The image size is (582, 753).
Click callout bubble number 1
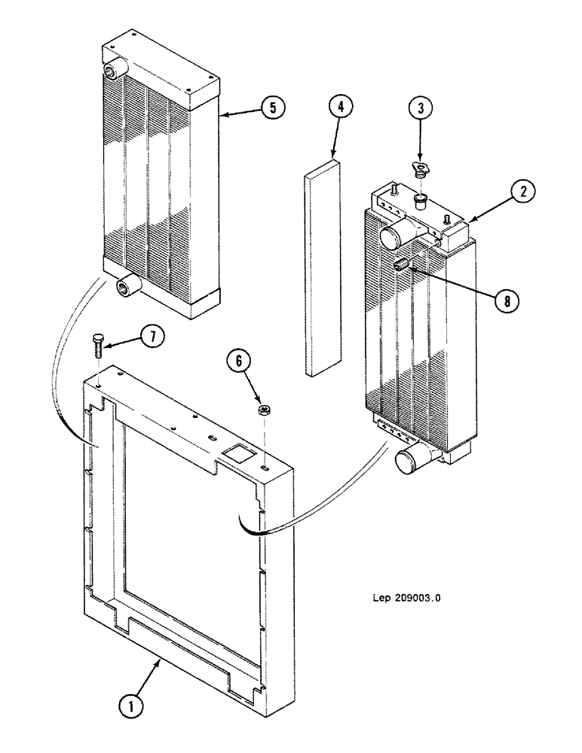132,706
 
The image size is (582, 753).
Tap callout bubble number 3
421,108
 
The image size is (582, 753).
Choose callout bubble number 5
273,108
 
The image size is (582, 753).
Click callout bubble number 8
507,301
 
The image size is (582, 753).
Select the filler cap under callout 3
420,169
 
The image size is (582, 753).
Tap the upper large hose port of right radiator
394,235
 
